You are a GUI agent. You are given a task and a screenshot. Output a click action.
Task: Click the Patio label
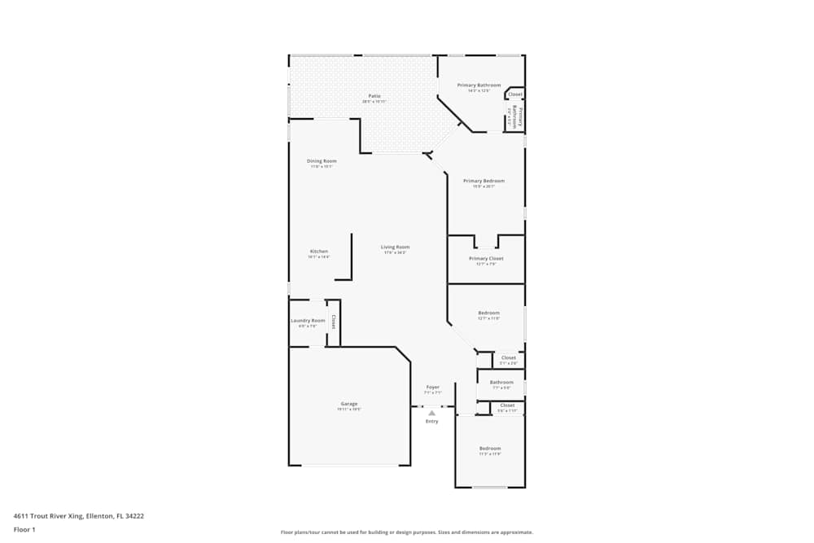pyautogui.click(x=374, y=96)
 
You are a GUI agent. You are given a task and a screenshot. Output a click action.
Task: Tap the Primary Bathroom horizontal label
pyautogui.click(x=479, y=85)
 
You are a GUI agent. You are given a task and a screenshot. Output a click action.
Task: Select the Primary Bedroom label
pyautogui.click(x=484, y=181)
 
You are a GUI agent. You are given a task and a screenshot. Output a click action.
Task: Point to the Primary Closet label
pyautogui.click(x=486, y=259)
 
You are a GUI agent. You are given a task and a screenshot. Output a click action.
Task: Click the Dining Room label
pyautogui.click(x=322, y=161)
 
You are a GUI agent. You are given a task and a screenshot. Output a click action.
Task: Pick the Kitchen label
pyautogui.click(x=319, y=252)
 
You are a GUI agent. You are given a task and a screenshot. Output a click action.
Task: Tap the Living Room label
pyautogui.click(x=396, y=247)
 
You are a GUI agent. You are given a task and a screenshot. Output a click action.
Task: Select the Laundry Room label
pyautogui.click(x=308, y=321)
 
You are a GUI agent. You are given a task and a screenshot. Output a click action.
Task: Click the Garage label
pyautogui.click(x=349, y=405)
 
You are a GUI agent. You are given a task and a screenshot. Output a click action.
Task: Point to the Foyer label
pyautogui.click(x=433, y=388)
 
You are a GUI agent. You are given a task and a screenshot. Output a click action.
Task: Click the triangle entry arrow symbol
pyautogui.click(x=432, y=413)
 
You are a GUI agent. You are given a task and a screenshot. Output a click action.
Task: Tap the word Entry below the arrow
pyautogui.click(x=432, y=422)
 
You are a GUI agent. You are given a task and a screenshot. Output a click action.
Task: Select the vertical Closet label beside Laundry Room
pyautogui.click(x=333, y=322)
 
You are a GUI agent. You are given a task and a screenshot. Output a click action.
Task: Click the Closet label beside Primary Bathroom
pyautogui.click(x=515, y=94)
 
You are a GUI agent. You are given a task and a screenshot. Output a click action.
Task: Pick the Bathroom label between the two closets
pyautogui.click(x=501, y=383)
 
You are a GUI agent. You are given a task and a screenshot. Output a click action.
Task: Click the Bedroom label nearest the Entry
pyautogui.click(x=490, y=449)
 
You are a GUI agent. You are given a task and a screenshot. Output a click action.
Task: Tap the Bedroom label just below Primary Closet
pyautogui.click(x=489, y=313)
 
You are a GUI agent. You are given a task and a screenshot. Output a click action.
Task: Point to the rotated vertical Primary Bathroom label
pyautogui.click(x=518, y=119)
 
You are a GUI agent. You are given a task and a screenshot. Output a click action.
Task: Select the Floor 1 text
pyautogui.click(x=24, y=529)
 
